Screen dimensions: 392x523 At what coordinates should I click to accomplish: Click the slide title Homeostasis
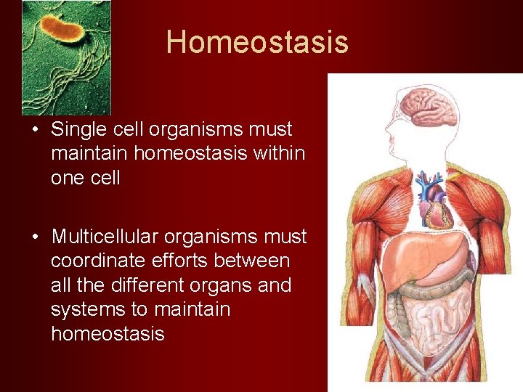[x=257, y=41]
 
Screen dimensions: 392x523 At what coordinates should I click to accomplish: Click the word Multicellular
[x=105, y=237]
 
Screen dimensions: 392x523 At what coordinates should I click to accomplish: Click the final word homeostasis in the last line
[x=108, y=334]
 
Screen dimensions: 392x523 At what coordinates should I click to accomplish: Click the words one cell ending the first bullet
[x=85, y=178]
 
